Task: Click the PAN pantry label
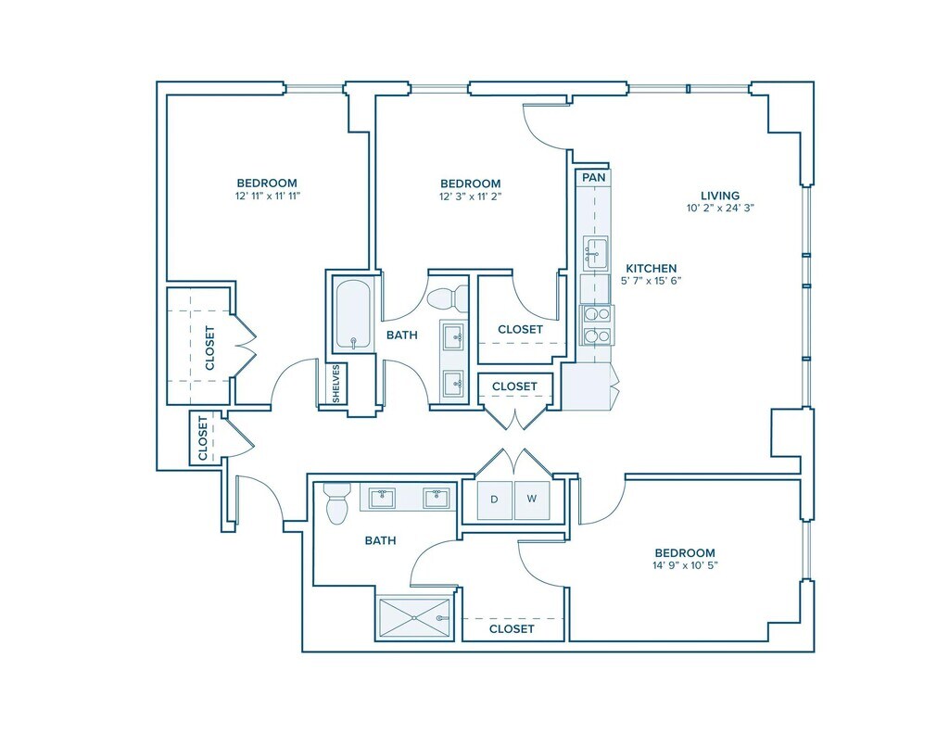point(593,178)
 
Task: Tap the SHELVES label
point(336,383)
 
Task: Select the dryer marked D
point(495,500)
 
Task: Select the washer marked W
point(531,500)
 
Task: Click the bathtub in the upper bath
point(352,315)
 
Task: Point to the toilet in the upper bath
point(448,297)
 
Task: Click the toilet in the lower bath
point(335,503)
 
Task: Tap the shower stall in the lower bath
point(414,618)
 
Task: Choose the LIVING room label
point(720,196)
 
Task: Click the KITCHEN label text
point(652,268)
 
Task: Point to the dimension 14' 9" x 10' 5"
point(685,565)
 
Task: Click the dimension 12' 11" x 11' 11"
point(267,196)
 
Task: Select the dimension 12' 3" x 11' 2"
point(470,196)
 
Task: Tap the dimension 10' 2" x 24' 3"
point(720,209)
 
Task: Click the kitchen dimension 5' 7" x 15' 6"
point(652,281)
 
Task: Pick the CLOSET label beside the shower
point(512,629)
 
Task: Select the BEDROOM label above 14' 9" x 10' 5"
point(685,553)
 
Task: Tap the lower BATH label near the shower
point(381,540)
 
